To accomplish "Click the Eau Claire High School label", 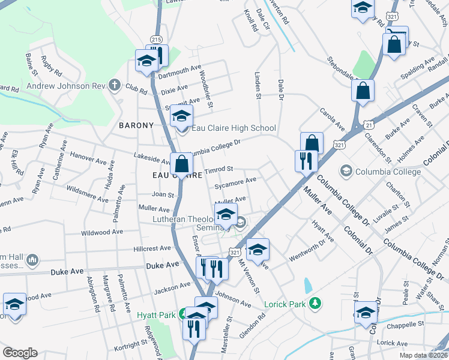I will pyautogui.click(x=234, y=128).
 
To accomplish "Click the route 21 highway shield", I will pyautogui.click(x=369, y=124).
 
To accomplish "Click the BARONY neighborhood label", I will pyautogui.click(x=136, y=125).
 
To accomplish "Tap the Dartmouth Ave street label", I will pyautogui.click(x=179, y=72).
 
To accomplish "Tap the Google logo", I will pyautogui.click(x=20, y=353).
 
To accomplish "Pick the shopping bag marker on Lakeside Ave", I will pyautogui.click(x=181, y=163).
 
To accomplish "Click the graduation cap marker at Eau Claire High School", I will pyautogui.click(x=181, y=115).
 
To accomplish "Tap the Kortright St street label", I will pyautogui.click(x=131, y=344).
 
